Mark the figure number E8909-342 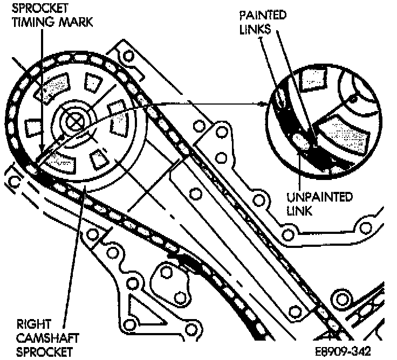coord(345,351)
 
